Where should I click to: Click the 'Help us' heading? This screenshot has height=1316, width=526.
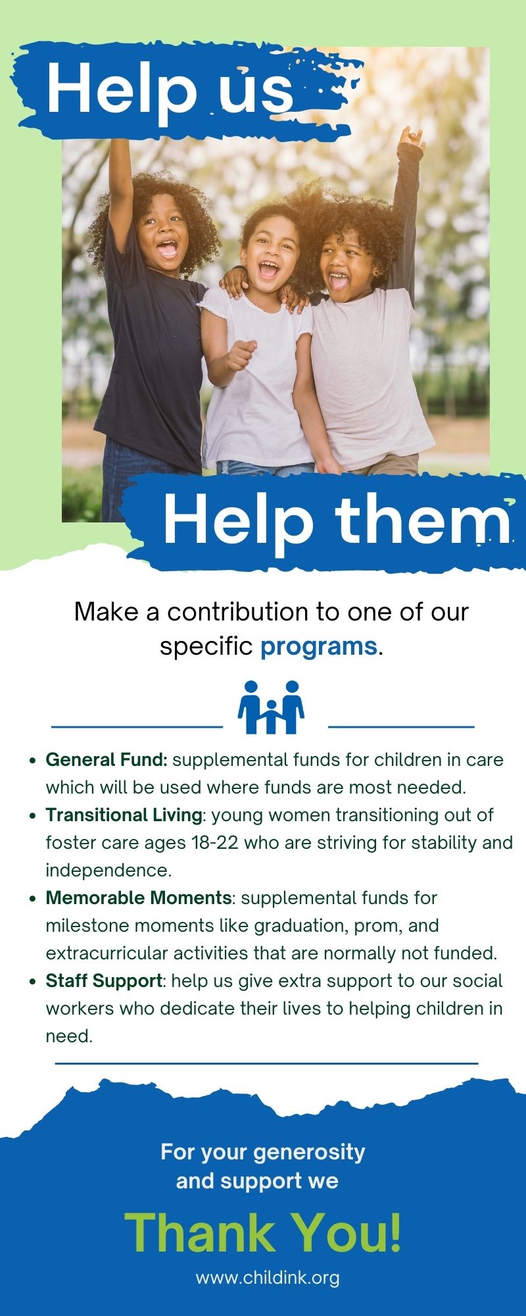point(170,91)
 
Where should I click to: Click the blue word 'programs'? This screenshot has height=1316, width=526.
point(319,646)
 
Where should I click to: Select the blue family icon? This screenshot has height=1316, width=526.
point(272,707)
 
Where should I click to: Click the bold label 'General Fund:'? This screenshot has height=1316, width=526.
point(107,760)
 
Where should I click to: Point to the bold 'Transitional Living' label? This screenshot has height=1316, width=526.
point(124,815)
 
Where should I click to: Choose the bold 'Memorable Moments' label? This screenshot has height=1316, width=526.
point(138,898)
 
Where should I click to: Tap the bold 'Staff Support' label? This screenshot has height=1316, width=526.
point(104,981)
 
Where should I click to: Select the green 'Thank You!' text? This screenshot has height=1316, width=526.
point(263,1232)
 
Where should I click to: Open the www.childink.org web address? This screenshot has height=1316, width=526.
point(268,1278)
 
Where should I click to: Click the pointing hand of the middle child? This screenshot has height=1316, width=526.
point(241,355)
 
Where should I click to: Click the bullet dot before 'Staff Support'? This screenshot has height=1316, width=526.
point(32,982)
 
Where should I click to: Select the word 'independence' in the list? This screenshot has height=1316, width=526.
point(108,871)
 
